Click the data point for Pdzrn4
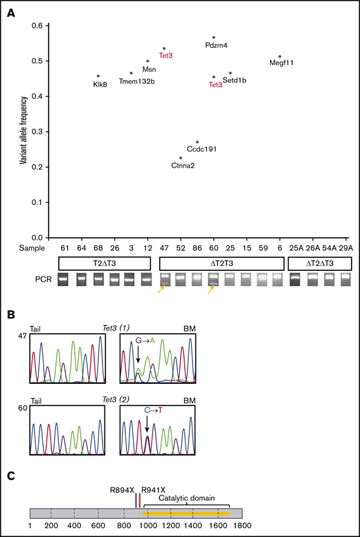[214, 37]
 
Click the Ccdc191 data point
[197, 142]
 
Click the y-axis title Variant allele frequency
[25, 132]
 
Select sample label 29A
[346, 247]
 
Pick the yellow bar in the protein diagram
[186, 513]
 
